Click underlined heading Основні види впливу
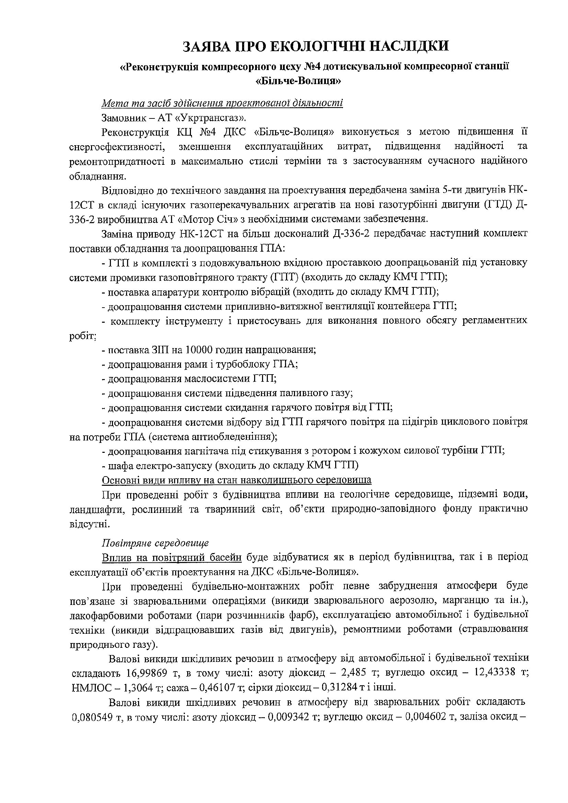point(236,480)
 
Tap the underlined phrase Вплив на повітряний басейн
point(172,557)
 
